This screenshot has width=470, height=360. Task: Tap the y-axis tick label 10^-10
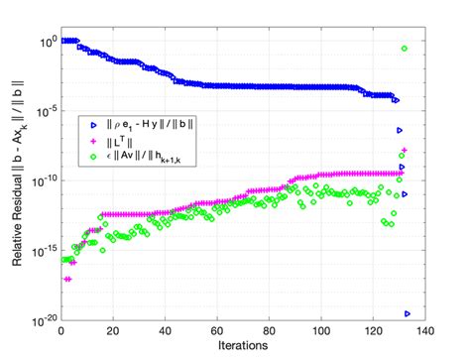coord(44,181)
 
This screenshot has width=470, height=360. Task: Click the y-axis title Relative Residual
coord(19,179)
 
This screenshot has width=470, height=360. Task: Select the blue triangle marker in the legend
coord(92,125)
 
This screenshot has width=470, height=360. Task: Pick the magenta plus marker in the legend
coord(92,141)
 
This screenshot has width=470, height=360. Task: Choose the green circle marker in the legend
coord(92,154)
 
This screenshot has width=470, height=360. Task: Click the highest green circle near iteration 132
coord(405,48)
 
